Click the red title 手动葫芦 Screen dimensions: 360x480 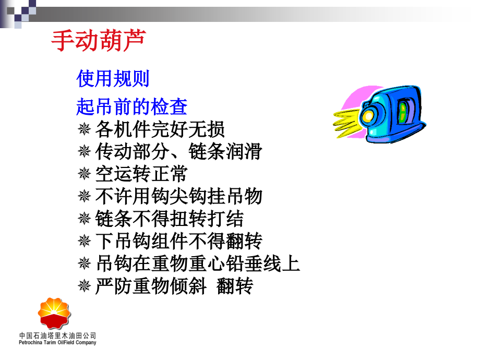(99, 40)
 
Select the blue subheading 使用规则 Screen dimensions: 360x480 (113, 79)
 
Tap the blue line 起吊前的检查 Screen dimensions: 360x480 (131, 107)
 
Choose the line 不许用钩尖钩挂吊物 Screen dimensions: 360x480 (178, 197)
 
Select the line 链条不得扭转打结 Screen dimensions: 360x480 (169, 219)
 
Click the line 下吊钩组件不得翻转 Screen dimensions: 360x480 (178, 241)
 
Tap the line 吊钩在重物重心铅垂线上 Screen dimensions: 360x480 (198, 263)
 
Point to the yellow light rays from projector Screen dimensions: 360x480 (346, 118)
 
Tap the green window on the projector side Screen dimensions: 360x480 (403, 112)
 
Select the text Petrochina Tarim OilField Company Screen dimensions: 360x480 (57, 343)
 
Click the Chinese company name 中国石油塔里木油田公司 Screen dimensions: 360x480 (57, 335)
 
